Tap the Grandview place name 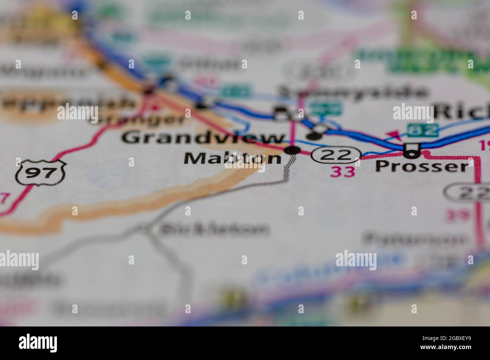coord(203,138)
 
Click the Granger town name coord(138,119)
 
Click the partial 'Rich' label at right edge coord(462,112)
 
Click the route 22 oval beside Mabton coord(336,154)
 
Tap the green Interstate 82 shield coord(423,130)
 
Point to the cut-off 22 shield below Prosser coord(467,194)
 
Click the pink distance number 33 coord(343,171)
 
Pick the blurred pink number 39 coord(457,215)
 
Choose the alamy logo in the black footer coord(38,343)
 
